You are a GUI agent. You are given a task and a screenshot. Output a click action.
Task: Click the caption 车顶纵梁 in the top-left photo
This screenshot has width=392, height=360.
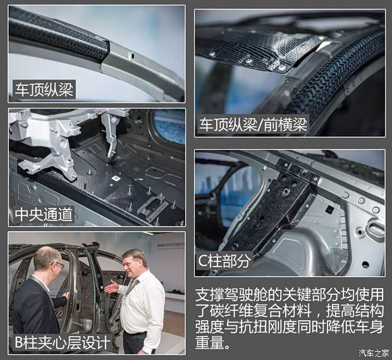point(44,90)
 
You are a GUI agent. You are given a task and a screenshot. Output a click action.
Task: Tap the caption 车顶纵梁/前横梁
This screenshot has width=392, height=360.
point(253,124)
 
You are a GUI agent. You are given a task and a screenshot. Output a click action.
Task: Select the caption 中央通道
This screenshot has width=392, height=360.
point(44,214)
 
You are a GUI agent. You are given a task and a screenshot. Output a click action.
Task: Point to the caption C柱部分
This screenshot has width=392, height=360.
point(224,261)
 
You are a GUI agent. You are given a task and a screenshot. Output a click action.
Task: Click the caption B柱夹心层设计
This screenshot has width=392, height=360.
point(63,342)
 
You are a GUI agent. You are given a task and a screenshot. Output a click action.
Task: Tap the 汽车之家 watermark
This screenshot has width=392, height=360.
point(374,353)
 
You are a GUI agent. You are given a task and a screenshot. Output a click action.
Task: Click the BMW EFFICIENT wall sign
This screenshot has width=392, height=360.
point(171,245)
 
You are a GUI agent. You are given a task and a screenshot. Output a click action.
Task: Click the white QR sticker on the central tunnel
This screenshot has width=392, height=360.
point(116,178)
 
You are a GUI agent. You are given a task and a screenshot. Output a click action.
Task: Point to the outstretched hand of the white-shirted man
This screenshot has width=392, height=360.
point(111,287)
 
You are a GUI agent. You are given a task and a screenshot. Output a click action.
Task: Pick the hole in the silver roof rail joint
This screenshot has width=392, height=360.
point(132,56)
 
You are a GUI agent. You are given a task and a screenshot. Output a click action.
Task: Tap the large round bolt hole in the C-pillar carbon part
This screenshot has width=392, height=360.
point(286,191)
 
